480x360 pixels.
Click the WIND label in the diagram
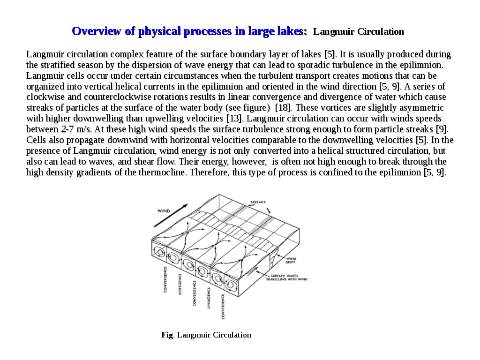[164, 211]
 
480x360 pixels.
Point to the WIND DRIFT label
[291, 260]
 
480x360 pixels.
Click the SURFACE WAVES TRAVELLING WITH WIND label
[286, 277]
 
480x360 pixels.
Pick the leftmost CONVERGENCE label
[165, 280]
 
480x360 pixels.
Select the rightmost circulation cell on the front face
[231, 284]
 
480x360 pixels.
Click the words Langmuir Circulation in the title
[359, 32]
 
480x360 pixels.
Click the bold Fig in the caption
[167, 335]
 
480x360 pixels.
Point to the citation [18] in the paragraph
[282, 108]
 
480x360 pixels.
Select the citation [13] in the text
[233, 118]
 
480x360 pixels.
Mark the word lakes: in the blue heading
[291, 31]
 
